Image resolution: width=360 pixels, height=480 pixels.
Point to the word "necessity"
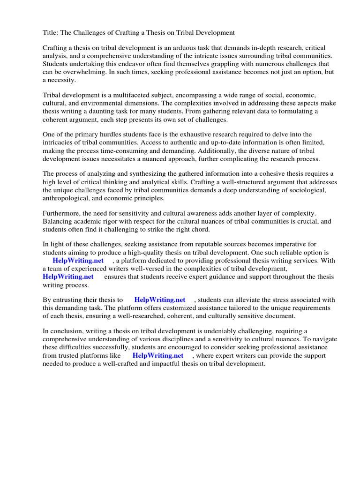coord(61,80)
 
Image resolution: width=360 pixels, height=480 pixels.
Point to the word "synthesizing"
coord(147,174)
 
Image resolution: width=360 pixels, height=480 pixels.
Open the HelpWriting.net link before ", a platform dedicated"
coord(78,260)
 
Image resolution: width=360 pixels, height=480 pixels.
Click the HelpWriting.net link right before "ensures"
coord(68,276)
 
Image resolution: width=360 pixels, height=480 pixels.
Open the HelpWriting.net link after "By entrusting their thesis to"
coord(160,300)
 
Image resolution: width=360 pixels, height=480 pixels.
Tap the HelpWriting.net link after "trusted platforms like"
coord(158,355)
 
